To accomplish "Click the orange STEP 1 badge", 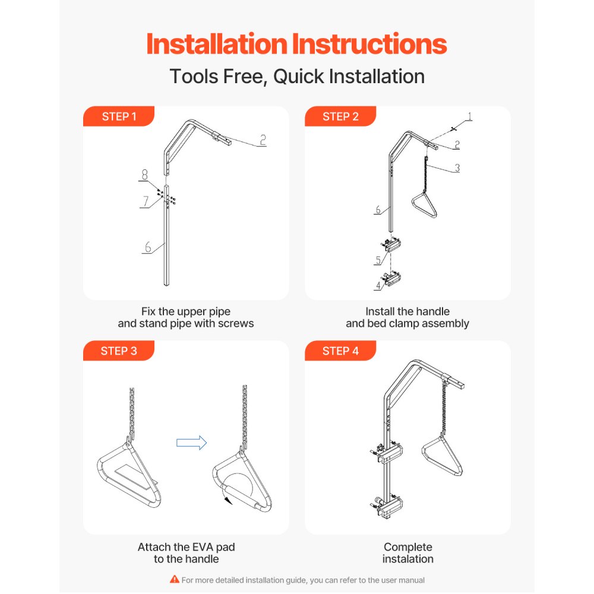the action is (x=119, y=116).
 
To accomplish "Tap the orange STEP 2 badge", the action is (x=340, y=116).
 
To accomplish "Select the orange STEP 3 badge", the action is (x=119, y=350).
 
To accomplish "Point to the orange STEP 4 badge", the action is (x=340, y=350).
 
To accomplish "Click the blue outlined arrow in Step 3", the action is (x=192, y=443).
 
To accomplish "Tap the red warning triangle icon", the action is (x=174, y=579).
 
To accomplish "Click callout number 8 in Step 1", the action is (x=145, y=174).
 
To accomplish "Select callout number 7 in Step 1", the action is (x=146, y=201).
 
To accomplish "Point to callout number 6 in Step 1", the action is (x=148, y=247).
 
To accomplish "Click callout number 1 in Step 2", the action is (x=470, y=116).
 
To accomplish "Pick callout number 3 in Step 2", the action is (x=457, y=168).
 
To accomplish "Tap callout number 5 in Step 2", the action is (x=378, y=260).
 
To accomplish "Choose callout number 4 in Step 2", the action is (x=378, y=285).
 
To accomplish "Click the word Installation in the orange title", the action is (x=217, y=44).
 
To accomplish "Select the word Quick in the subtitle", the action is (x=299, y=77).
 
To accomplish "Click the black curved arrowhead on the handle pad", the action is (x=228, y=501).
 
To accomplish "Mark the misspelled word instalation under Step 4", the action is (x=407, y=559).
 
